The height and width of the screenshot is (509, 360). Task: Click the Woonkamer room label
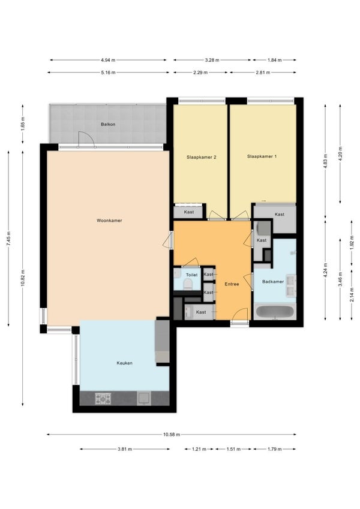(109, 221)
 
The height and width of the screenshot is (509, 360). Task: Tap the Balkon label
(108, 124)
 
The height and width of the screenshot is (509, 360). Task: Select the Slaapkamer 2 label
(202, 157)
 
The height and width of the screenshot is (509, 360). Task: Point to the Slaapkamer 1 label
(262, 156)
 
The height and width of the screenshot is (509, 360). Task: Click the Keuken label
(124, 363)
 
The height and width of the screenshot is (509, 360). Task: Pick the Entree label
(232, 284)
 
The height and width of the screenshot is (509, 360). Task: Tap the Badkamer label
(273, 282)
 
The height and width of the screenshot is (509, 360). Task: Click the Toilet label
(191, 275)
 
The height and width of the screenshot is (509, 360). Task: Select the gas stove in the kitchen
(103, 399)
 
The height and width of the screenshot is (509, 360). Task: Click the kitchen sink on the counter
(143, 399)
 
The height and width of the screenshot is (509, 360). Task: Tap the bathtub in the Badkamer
(275, 312)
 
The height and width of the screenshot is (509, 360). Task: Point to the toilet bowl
(188, 284)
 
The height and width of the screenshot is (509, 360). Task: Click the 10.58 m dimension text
(172, 435)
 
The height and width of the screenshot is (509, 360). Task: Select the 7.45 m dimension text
(8, 239)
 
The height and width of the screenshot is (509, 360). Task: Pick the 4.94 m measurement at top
(108, 60)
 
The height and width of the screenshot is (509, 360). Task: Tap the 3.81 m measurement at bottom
(125, 449)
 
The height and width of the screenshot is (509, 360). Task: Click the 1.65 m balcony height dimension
(23, 124)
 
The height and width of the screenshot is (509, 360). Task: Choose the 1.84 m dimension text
(275, 60)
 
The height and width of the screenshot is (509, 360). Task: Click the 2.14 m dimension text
(352, 295)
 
